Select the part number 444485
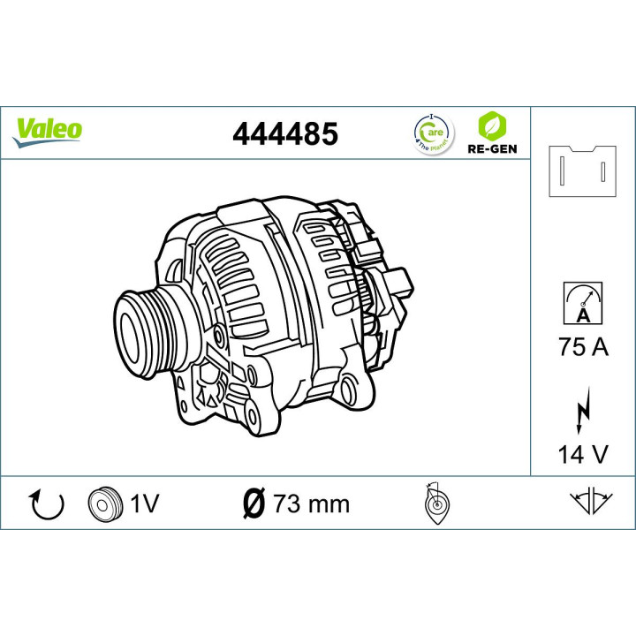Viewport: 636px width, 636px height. [284, 133]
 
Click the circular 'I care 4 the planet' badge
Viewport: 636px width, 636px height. [432, 132]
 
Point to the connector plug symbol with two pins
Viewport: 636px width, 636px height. [582, 170]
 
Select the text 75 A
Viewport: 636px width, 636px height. [583, 347]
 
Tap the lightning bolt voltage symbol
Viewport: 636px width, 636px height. [583, 411]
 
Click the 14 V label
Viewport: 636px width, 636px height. [583, 454]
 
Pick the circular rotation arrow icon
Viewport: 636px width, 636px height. [48, 503]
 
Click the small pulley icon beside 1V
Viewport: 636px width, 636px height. [103, 503]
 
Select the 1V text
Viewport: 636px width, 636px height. [143, 503]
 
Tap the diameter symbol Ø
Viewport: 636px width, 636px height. [252, 503]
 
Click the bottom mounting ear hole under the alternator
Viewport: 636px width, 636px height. [254, 417]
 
